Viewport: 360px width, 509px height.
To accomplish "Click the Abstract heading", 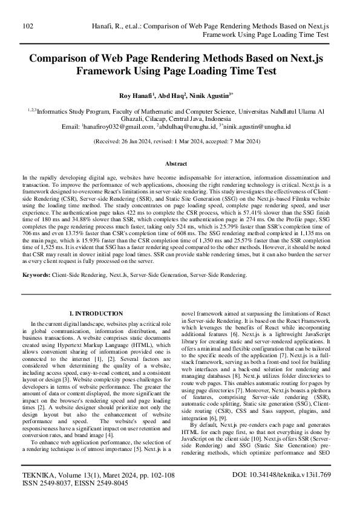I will pos(180,164).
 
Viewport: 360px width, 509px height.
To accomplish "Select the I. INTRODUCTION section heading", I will pos(97,314).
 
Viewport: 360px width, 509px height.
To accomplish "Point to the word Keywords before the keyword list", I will pos(36,275).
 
